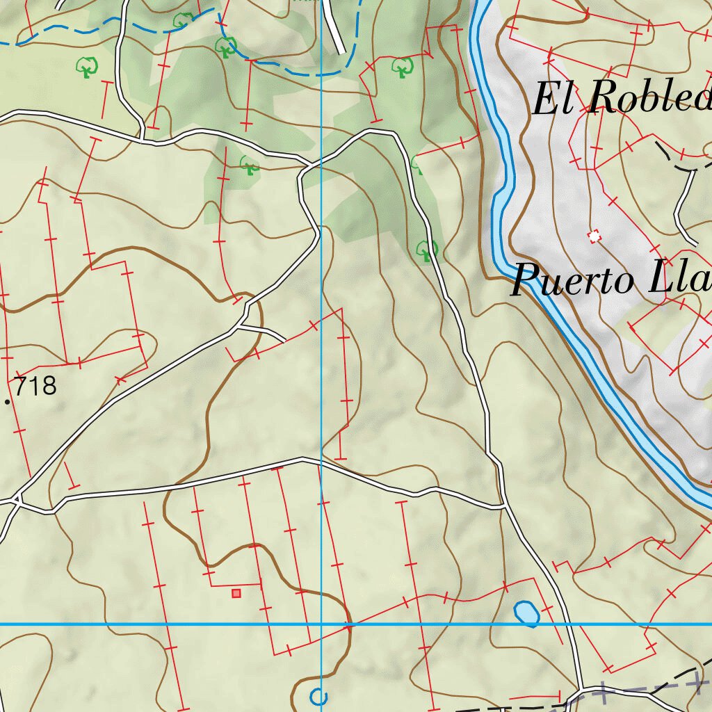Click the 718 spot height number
click(x=35, y=386)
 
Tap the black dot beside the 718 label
click(x=8, y=402)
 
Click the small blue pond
click(x=526, y=613)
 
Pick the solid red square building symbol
click(x=236, y=593)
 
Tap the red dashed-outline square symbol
click(x=594, y=237)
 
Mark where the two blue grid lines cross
click(x=321, y=624)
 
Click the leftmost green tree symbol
click(x=87, y=67)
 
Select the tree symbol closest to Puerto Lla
click(x=426, y=249)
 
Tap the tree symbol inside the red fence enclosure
click(x=401, y=67)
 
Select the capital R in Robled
click(x=602, y=99)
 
